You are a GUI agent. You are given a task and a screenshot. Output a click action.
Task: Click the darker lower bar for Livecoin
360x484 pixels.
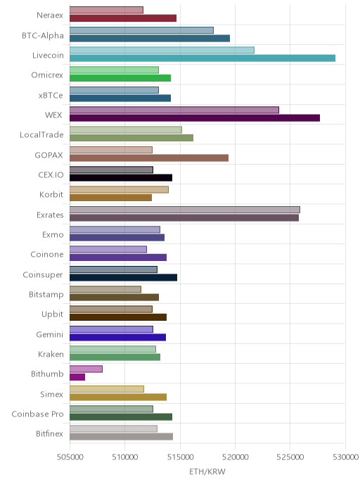point(202,58)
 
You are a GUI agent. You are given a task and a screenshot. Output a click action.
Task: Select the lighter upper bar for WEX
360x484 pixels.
point(174,110)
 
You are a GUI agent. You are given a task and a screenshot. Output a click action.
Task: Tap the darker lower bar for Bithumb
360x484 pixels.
point(77,377)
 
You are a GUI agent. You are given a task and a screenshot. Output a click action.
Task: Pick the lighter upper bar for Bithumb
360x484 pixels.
point(86,369)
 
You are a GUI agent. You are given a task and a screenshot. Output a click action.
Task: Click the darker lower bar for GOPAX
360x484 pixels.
point(149,158)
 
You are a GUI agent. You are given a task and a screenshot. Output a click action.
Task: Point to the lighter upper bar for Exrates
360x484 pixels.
point(185,210)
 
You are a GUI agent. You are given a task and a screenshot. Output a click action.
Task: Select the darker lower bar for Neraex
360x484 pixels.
point(123,18)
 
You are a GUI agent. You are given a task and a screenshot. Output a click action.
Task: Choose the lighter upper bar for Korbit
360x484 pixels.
point(119,189)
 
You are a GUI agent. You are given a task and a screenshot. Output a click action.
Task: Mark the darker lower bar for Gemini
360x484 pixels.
point(118,337)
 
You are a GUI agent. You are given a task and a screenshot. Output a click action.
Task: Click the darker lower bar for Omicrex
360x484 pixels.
point(120,78)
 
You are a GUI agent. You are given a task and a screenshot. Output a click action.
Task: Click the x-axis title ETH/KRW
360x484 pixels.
point(207,471)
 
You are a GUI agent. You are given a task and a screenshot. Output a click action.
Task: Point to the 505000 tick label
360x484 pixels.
point(70,457)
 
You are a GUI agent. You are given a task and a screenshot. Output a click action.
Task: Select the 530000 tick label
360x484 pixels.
point(345,457)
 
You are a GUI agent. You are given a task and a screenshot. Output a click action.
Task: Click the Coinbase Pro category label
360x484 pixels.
point(38,414)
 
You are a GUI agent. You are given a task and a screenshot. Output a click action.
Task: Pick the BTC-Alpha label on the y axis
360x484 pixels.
point(43,35)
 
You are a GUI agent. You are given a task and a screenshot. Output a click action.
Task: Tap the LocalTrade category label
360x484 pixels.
point(41,135)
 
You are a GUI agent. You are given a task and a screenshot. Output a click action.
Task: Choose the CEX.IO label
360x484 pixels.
point(51,174)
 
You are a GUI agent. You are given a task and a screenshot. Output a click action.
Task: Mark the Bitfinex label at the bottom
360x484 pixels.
point(49,433)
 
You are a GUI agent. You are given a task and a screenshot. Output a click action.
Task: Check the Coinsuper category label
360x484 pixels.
point(43,275)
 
